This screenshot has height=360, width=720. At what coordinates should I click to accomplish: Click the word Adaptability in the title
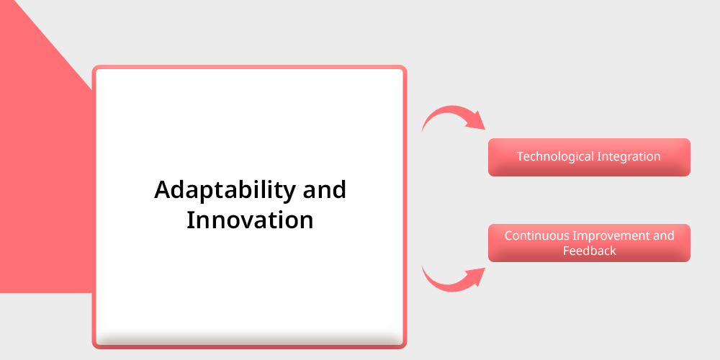[x=225, y=190]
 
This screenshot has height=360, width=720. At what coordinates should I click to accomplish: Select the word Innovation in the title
[x=250, y=220]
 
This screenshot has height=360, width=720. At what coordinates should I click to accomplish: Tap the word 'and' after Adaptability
[x=325, y=189]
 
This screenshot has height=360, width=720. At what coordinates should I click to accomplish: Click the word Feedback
[x=590, y=251]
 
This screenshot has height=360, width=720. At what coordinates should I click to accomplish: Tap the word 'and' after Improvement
[x=665, y=235]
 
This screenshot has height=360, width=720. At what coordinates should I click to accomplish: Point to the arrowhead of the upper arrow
[x=485, y=130]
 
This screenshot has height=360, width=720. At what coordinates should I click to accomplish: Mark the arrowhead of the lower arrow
[x=485, y=268]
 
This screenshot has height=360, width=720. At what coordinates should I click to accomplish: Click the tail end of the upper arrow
[x=422, y=132]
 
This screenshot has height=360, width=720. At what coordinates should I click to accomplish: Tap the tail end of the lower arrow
[x=422, y=266]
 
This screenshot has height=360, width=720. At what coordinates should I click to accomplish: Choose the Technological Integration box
[x=589, y=157]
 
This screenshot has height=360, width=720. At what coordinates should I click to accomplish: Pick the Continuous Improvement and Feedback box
[x=589, y=243]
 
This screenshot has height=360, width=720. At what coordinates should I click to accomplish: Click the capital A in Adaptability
[x=163, y=189]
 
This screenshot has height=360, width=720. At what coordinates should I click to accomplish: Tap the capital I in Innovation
[x=189, y=220]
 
